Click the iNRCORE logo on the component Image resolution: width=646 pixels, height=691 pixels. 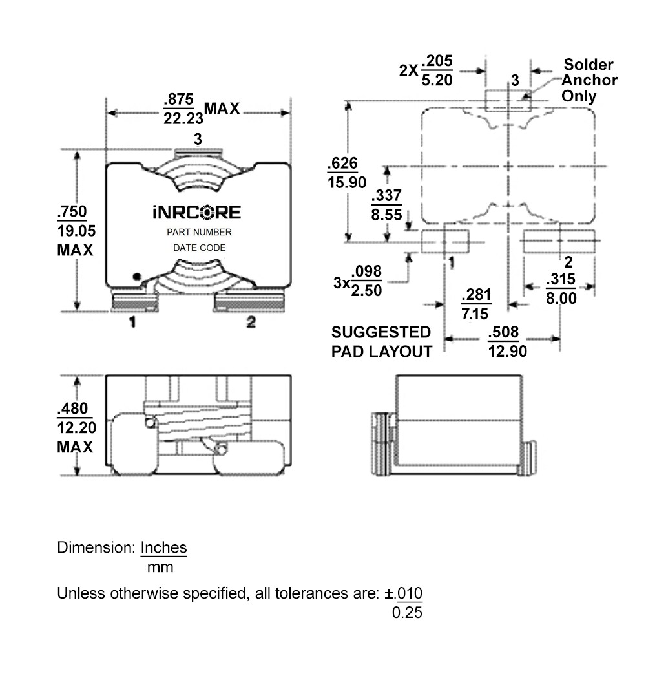tap(196, 213)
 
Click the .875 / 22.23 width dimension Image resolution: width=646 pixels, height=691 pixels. tap(183, 109)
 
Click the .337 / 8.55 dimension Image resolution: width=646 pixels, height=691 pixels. tap(386, 206)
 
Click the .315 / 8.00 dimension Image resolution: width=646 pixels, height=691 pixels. tap(560, 289)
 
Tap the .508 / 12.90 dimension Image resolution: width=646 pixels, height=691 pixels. tap(506, 342)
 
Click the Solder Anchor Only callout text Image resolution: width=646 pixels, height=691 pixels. tap(589, 80)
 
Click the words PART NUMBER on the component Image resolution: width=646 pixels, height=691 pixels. tap(198, 232)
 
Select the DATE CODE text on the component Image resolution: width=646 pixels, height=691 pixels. tap(199, 248)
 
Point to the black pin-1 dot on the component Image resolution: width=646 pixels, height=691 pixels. tap(136, 276)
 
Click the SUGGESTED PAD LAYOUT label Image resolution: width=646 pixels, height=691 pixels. tap(380, 342)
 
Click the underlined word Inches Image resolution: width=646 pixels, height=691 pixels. tap(163, 547)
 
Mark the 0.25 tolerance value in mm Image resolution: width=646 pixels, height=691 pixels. tap(407, 612)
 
